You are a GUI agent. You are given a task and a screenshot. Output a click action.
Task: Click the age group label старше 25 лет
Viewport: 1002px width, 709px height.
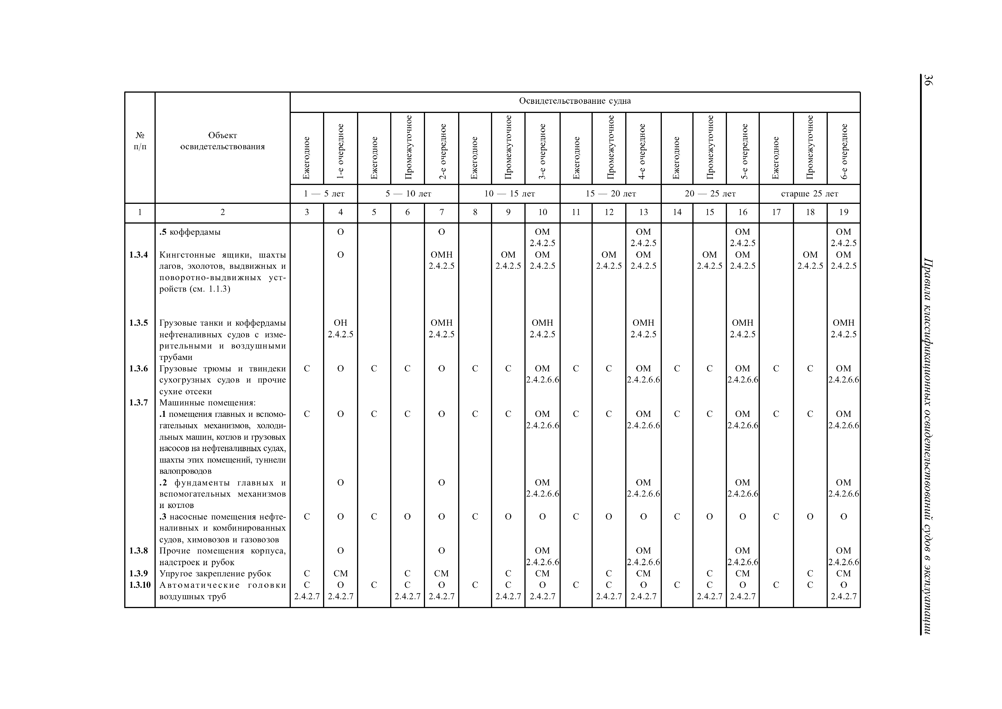coord(809,194)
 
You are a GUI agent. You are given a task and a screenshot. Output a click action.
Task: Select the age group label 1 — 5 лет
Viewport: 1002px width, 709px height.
coord(324,194)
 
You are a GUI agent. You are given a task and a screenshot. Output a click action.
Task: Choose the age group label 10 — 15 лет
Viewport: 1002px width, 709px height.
coord(509,194)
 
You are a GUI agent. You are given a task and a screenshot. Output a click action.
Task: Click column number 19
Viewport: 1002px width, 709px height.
coord(843,212)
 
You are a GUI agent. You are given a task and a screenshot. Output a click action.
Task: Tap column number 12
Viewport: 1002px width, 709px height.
coord(609,212)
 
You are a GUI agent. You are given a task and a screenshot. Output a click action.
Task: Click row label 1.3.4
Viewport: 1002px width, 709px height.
coord(139,255)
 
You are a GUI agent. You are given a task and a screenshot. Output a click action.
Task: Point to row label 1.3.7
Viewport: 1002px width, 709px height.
coord(139,402)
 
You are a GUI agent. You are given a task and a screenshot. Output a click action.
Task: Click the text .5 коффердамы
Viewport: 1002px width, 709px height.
coord(190,232)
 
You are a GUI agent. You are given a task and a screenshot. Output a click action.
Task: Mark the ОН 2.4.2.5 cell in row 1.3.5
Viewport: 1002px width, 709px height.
coord(340,328)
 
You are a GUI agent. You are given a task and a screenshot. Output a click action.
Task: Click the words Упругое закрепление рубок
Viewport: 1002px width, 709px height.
coord(215,573)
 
